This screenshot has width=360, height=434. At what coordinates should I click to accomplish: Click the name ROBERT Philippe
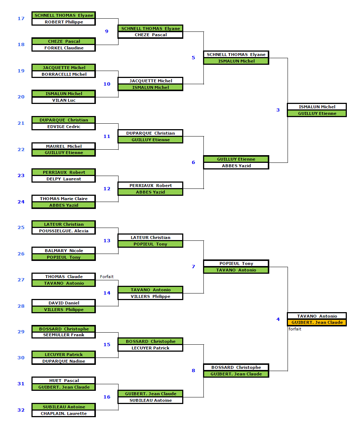pyautogui.click(x=64, y=22)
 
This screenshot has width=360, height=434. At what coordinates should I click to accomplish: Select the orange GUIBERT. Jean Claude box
pyautogui.click(x=317, y=322)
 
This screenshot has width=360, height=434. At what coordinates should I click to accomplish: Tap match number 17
pyautogui.click(x=21, y=18)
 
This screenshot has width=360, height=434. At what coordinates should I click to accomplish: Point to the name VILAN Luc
pyautogui.click(x=64, y=100)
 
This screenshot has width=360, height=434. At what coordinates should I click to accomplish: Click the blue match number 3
pyautogui.click(x=278, y=110)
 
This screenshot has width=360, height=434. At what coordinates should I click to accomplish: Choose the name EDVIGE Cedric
pyautogui.click(x=64, y=127)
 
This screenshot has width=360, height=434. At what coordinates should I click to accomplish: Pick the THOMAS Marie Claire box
pyautogui.click(x=64, y=199)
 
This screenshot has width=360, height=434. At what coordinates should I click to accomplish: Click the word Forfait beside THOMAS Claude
pyautogui.click(x=107, y=277)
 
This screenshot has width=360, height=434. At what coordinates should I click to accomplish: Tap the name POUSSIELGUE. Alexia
pyautogui.click(x=64, y=231)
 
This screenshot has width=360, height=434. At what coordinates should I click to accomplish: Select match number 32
pyautogui.click(x=21, y=410)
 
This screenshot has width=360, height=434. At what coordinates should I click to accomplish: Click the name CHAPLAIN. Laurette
pyautogui.click(x=64, y=414)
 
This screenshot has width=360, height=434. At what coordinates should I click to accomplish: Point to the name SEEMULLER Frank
pyautogui.click(x=64, y=335)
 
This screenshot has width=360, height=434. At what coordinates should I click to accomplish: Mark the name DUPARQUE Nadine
pyautogui.click(x=64, y=361)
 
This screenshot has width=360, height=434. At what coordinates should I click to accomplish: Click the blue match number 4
pyautogui.click(x=278, y=319)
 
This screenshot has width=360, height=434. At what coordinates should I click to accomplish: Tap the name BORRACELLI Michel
pyautogui.click(x=64, y=74)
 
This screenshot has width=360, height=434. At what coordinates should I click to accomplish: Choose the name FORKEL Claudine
pyautogui.click(x=64, y=48)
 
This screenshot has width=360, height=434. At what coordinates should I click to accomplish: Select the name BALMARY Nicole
pyautogui.click(x=64, y=251)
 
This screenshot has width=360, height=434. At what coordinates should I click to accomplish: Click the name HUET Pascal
pyautogui.click(x=64, y=381)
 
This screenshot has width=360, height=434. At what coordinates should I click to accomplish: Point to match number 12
pyautogui.click(x=107, y=188)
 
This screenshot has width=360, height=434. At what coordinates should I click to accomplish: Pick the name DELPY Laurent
pyautogui.click(x=64, y=179)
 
